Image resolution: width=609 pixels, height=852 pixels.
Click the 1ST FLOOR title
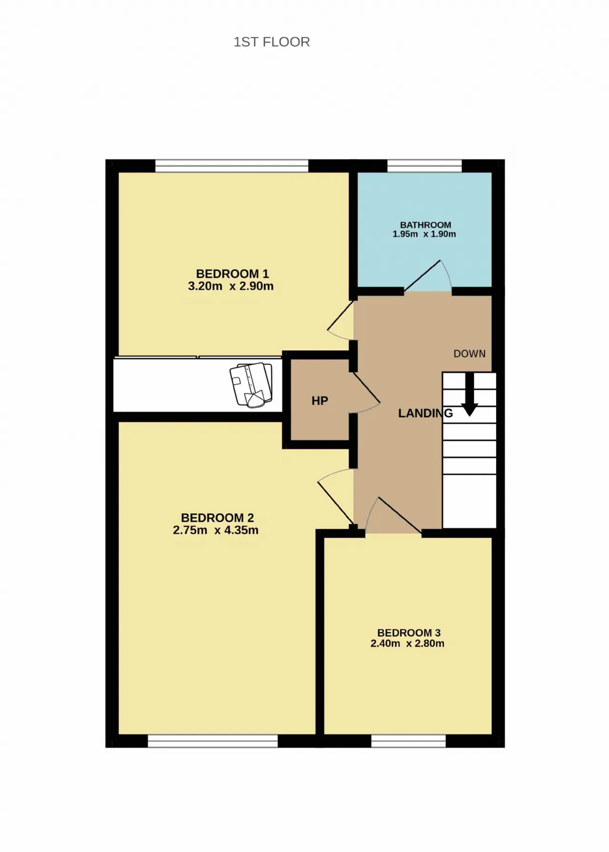[272, 42]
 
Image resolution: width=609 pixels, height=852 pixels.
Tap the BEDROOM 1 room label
[232, 274]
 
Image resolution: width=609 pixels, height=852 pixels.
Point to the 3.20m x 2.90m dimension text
[231, 286]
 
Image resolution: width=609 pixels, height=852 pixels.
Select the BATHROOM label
[425, 225]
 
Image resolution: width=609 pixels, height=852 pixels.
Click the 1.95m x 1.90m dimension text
[424, 234]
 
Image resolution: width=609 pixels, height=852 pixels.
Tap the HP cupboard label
[320, 401]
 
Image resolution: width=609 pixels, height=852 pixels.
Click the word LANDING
[425, 413]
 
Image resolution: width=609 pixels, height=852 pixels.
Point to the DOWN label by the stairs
[470, 354]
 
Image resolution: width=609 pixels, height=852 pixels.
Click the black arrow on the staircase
[470, 395]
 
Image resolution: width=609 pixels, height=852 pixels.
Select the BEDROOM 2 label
[217, 518]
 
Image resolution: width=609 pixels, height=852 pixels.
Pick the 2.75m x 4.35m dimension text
[216, 530]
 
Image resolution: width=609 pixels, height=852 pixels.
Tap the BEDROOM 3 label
[409, 633]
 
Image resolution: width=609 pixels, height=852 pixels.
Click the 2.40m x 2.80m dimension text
[407, 644]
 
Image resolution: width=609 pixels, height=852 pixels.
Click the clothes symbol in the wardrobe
[252, 384]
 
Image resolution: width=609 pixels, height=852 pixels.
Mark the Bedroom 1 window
[232, 166]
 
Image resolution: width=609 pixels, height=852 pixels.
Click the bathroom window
[424, 166]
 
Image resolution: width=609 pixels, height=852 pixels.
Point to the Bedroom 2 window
[213, 741]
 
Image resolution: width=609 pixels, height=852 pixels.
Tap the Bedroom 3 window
[408, 741]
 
